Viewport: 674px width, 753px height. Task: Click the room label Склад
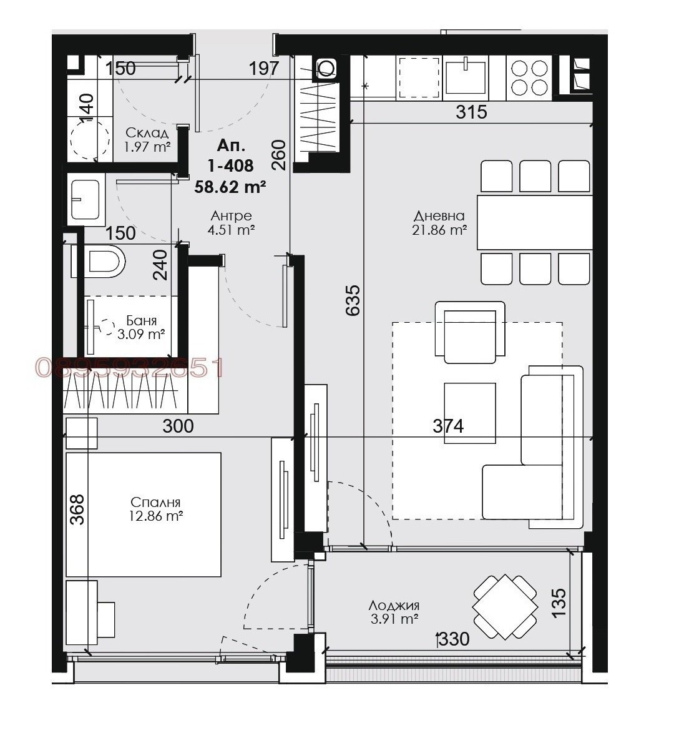(x=147, y=133)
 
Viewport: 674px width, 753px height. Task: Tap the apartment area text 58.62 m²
(x=230, y=187)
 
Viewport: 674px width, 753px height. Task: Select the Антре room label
(x=231, y=215)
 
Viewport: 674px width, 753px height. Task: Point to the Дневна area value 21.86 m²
(x=439, y=230)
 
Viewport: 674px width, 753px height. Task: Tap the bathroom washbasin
(x=86, y=200)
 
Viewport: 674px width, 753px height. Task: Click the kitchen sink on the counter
(x=466, y=77)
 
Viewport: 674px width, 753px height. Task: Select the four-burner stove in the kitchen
(x=529, y=78)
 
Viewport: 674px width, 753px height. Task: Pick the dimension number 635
(x=353, y=301)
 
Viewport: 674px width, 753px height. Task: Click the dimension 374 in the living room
(x=448, y=426)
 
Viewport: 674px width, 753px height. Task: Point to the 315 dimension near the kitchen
(x=471, y=112)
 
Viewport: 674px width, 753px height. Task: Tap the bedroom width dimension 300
(x=178, y=426)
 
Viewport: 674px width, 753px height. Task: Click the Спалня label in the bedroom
(x=155, y=502)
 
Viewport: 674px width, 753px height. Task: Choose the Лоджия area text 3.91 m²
(x=394, y=619)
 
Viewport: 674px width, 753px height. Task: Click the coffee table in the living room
(x=470, y=413)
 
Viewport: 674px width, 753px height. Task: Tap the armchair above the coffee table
(x=470, y=332)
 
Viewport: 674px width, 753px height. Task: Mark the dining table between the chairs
(x=535, y=222)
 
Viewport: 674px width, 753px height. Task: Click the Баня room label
(x=141, y=320)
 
